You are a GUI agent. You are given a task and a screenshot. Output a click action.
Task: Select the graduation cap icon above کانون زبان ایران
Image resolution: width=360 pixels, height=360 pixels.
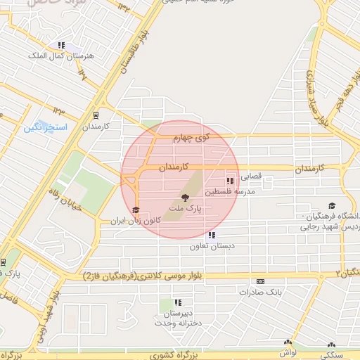(x=135, y=210)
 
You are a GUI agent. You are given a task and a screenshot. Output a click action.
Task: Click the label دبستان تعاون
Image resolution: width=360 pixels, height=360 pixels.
(x=211, y=247)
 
